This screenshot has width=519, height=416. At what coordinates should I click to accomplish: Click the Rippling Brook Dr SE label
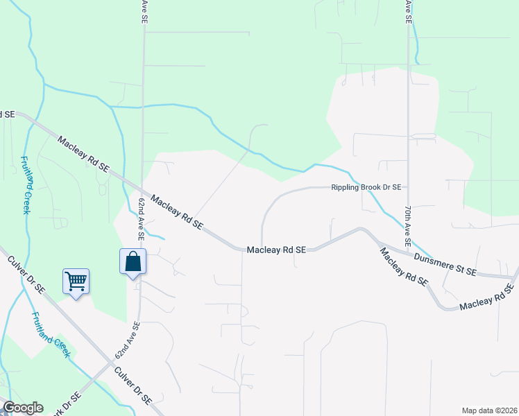(x=366, y=187)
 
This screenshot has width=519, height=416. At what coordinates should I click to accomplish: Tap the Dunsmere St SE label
(x=445, y=264)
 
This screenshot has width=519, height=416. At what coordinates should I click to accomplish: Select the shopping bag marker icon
(x=133, y=261)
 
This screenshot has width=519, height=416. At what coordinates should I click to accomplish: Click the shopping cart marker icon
(x=76, y=281)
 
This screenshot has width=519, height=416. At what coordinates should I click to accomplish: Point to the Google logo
(x=23, y=408)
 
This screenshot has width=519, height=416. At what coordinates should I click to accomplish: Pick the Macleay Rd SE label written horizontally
(x=276, y=249)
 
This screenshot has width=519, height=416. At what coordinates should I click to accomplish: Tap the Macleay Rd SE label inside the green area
(x=84, y=154)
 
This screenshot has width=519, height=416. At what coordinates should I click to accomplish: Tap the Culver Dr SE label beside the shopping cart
(x=27, y=274)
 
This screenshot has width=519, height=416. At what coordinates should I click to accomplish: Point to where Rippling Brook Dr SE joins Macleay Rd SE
(x=262, y=245)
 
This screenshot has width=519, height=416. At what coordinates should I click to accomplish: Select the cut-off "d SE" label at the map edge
(x=7, y=113)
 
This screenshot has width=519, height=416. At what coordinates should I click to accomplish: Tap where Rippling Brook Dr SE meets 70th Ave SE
(x=409, y=187)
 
